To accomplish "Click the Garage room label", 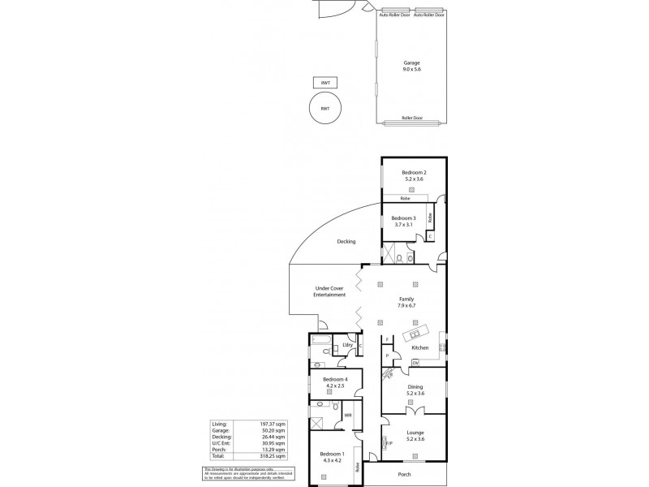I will click(411, 62).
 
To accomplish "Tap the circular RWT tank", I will click(324, 108).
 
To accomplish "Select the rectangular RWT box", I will click(324, 83).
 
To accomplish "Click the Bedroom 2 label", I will click(414, 173).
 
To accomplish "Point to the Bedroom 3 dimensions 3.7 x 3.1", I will click(403, 225).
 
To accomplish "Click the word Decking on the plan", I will click(346, 242).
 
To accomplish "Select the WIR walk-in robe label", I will click(347, 416).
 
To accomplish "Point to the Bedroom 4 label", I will click(335, 379).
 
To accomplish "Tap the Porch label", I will click(404, 474).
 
